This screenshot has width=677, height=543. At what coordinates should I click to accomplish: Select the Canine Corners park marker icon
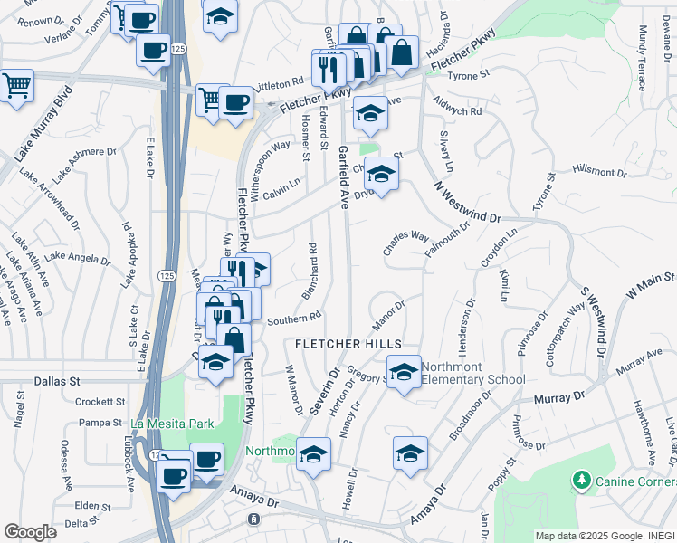582,479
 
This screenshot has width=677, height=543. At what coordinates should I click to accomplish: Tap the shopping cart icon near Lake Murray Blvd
15,87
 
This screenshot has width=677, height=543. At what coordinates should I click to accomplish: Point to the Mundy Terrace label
643,59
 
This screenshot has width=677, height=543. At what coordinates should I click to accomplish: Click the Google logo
30,532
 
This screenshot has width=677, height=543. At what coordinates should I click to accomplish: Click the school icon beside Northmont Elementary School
404,371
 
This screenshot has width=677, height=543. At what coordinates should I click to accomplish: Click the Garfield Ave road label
344,176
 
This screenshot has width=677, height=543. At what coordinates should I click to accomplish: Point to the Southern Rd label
295,319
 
